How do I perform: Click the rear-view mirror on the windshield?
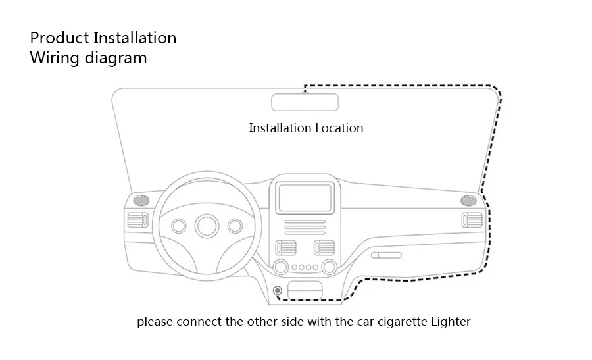(305, 103)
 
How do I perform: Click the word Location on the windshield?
(339, 128)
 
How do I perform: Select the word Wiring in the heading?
(55, 58)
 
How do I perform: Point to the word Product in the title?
(57, 38)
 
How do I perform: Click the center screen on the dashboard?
(305, 196)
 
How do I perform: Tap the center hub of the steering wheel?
(206, 225)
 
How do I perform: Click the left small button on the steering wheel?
(179, 225)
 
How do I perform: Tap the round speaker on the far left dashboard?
(141, 199)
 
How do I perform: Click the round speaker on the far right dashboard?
(468, 199)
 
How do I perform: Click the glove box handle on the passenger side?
(385, 255)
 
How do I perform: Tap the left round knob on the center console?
(281, 267)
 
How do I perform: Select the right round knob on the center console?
(328, 267)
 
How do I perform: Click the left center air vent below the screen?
(286, 248)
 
